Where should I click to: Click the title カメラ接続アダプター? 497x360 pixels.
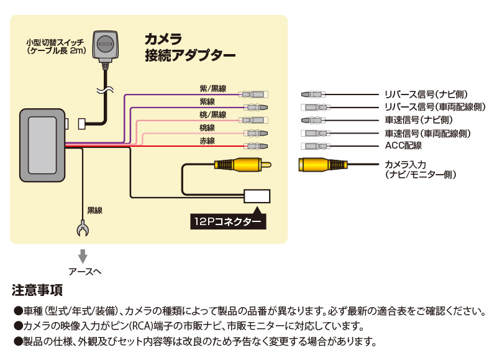(189, 47)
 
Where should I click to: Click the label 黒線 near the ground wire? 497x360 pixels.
(94, 210)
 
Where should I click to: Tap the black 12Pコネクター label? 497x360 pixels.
(227, 221)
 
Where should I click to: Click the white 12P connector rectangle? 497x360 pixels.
(257, 197)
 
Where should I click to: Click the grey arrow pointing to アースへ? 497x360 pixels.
(81, 256)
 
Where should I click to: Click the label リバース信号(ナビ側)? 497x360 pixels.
(426, 95)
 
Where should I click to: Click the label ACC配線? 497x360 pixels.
(403, 145)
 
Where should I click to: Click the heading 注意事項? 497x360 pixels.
(37, 290)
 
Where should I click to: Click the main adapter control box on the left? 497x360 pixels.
(42, 142)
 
